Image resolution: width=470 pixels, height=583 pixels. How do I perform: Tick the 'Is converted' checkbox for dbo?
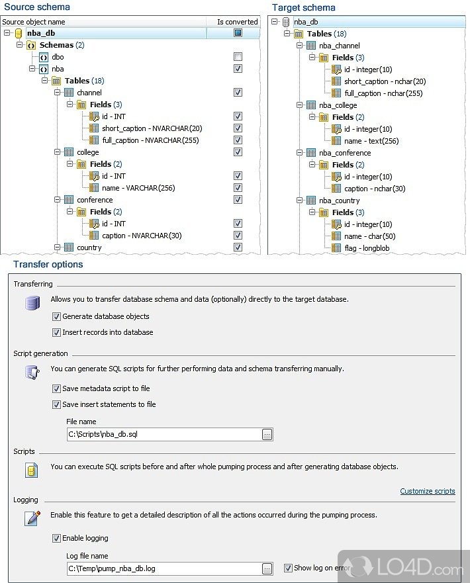coord(238,57)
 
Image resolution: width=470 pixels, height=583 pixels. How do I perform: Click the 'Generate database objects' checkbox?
coord(56,316)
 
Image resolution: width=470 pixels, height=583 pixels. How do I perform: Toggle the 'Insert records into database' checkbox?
coord(56,332)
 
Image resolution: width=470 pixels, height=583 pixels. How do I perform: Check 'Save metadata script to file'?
coord(56,388)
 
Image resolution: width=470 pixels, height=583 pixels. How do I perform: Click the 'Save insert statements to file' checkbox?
coord(56,404)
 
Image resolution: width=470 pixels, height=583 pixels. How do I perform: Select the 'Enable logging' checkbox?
coord(56,538)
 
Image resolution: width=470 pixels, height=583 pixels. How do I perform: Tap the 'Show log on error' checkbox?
coord(287,568)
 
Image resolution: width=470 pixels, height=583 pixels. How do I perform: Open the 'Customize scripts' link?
coord(427,491)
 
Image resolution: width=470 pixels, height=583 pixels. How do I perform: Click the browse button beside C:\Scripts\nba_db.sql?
coord(267,434)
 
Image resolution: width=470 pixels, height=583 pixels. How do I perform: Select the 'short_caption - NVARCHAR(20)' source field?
coord(152,128)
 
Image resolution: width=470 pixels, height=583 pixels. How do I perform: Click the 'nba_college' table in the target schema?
coord(338,105)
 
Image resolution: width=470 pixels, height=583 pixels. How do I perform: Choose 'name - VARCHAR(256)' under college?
coord(138,188)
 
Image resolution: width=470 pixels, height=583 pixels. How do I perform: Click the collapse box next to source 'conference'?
coord(57,200)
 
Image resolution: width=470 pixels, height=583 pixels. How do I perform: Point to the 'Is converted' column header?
coord(237,22)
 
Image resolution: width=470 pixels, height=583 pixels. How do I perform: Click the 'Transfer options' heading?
coord(48,264)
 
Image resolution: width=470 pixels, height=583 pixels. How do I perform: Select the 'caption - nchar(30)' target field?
coord(375,189)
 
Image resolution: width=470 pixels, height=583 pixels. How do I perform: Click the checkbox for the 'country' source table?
coord(238,247)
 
